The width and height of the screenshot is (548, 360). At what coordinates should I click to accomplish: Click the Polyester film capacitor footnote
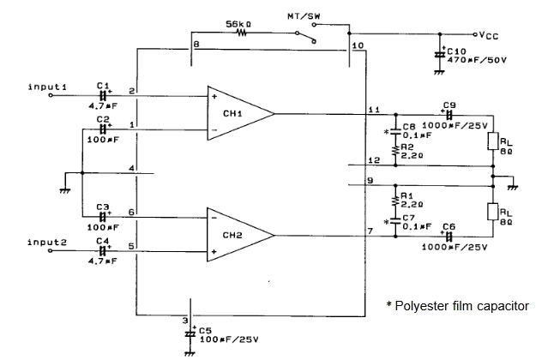(457, 306)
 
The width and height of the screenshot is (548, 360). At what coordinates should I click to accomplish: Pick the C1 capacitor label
(103, 86)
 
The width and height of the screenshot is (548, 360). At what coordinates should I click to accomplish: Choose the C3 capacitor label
(103, 207)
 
